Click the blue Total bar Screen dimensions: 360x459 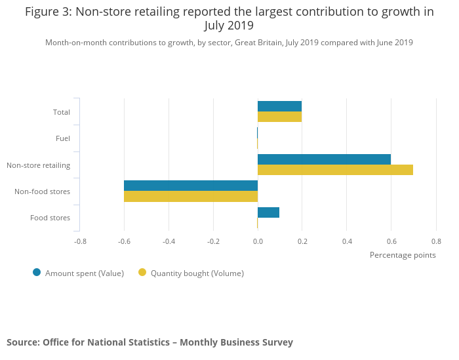pyautogui.click(x=279, y=106)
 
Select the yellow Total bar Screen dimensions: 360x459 pyautogui.click(x=279, y=117)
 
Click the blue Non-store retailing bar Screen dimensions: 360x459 pyautogui.click(x=324, y=159)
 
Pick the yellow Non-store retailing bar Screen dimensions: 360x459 pyautogui.click(x=335, y=170)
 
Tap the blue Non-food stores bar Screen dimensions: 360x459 pyautogui.click(x=191, y=186)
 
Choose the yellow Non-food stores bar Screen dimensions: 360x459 pyautogui.click(x=191, y=196)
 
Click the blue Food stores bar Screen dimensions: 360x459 pyautogui.click(x=268, y=212)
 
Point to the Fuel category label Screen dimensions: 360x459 pyautogui.click(x=63, y=138)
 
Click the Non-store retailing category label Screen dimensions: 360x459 pyautogui.click(x=38, y=165)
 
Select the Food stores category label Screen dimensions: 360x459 pyautogui.click(x=50, y=218)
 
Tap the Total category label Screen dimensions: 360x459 pyautogui.click(x=62, y=112)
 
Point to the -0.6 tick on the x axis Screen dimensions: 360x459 pyautogui.click(x=124, y=241)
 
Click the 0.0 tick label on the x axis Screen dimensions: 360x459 pyautogui.click(x=258, y=241)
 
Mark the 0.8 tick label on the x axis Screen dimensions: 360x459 pyautogui.click(x=435, y=241)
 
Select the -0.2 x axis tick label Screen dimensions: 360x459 pyautogui.click(x=213, y=241)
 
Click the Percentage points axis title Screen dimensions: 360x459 pyautogui.click(x=403, y=255)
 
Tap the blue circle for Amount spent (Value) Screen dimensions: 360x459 pyautogui.click(x=37, y=273)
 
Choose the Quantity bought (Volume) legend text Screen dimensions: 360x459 pyautogui.click(x=197, y=273)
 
